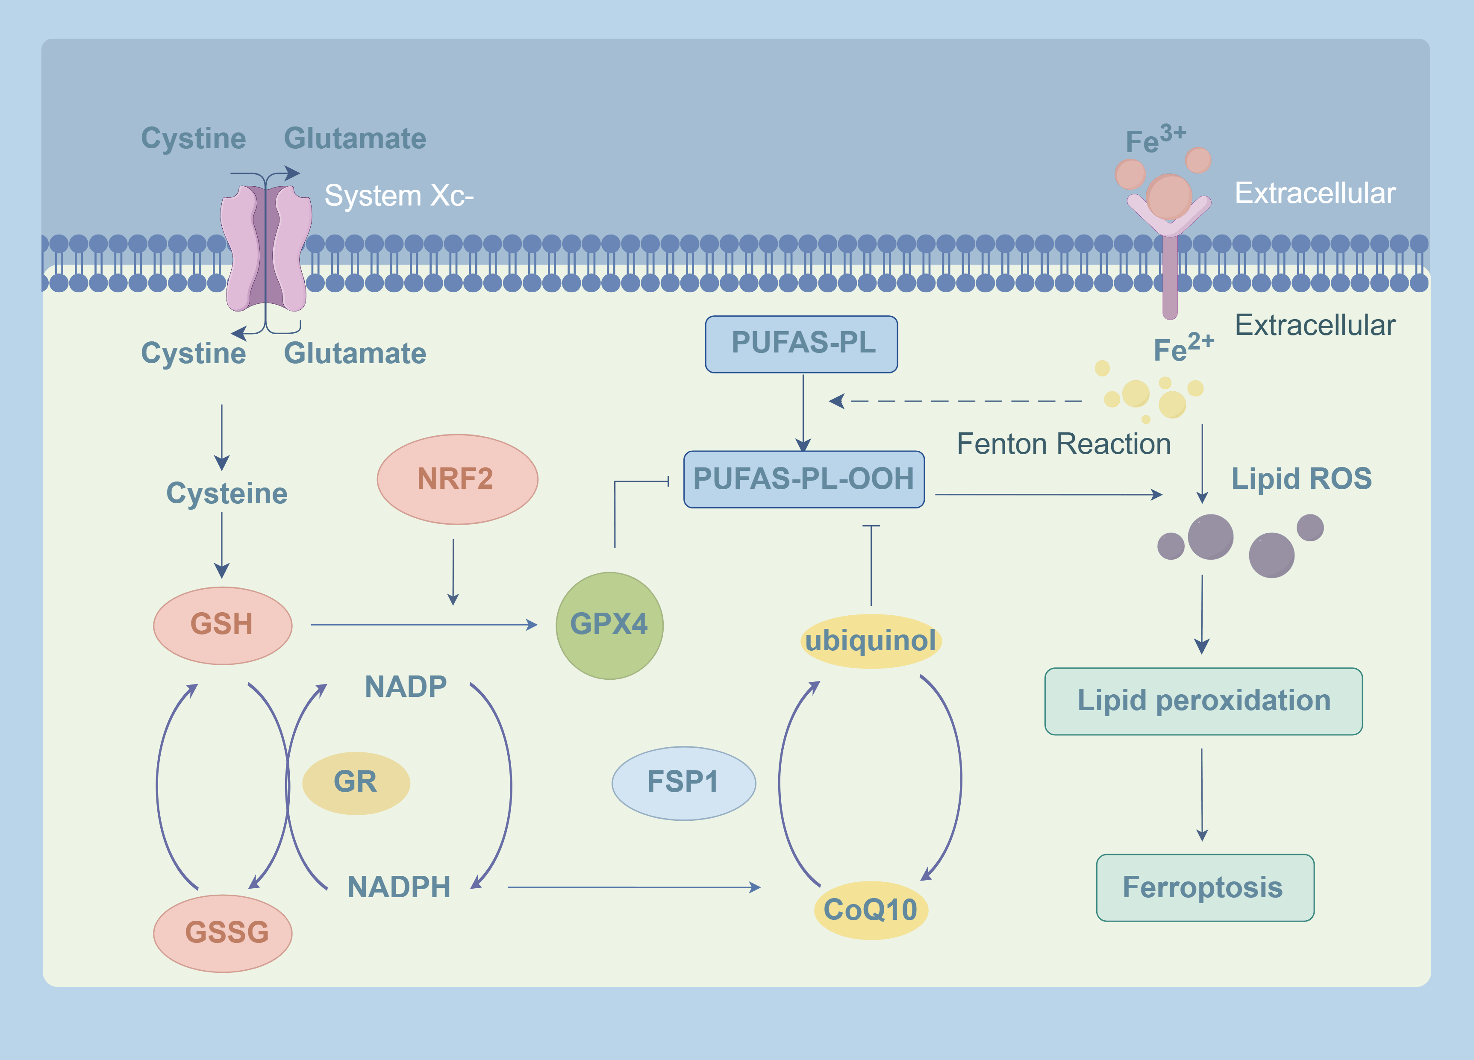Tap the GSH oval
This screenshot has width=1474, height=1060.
222,625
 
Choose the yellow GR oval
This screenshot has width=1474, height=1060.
356,782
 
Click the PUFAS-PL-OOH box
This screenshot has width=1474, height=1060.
803,479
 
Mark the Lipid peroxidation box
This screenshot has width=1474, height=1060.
1203,701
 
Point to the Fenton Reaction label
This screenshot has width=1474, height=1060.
1063,444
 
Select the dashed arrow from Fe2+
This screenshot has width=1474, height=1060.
962,401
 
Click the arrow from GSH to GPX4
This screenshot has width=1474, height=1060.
422,625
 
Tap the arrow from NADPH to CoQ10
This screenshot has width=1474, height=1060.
634,887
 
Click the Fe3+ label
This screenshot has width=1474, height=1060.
1155,139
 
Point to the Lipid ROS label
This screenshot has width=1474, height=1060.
1301,479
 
